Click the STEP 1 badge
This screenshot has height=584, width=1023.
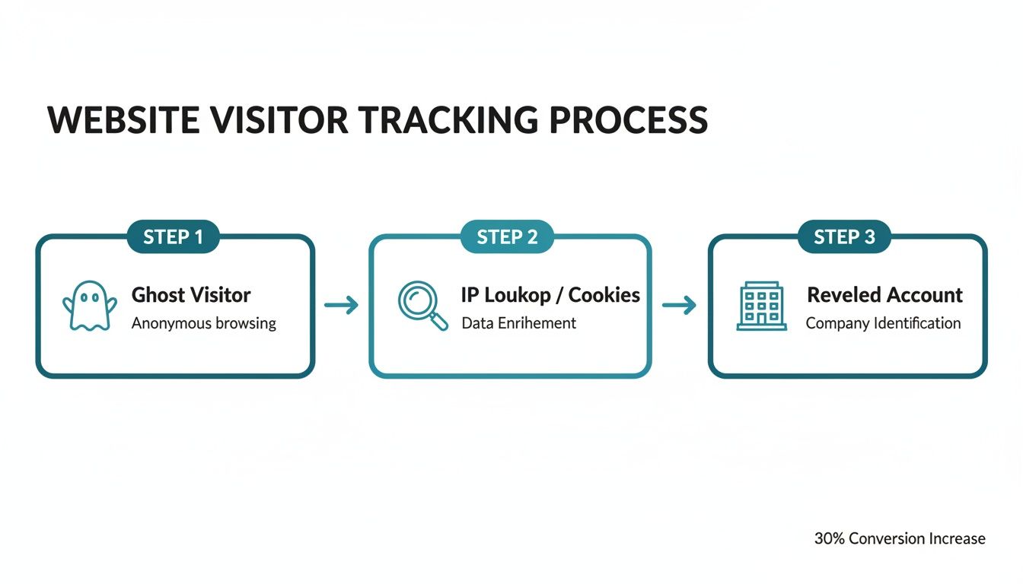pyautogui.click(x=174, y=236)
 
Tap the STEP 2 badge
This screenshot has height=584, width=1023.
pyautogui.click(x=507, y=236)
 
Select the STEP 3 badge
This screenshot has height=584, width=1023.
pyautogui.click(x=844, y=236)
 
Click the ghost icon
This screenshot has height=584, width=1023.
pyautogui.click(x=89, y=306)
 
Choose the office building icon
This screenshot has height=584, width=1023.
pyautogui.click(x=761, y=306)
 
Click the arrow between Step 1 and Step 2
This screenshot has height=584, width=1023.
pyautogui.click(x=341, y=306)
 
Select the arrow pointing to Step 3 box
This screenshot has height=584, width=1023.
pyautogui.click(x=679, y=306)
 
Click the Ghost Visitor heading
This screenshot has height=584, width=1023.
pyautogui.click(x=191, y=295)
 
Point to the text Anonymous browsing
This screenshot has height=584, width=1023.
pyautogui.click(x=203, y=323)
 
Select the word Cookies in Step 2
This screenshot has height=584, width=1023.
pyautogui.click(x=604, y=295)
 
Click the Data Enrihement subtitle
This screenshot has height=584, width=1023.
pyautogui.click(x=518, y=323)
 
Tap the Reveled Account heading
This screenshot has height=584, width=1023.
pyautogui.click(x=884, y=295)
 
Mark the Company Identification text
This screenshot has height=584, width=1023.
pyautogui.click(x=883, y=323)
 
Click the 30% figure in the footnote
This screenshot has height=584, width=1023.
pyautogui.click(x=829, y=538)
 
